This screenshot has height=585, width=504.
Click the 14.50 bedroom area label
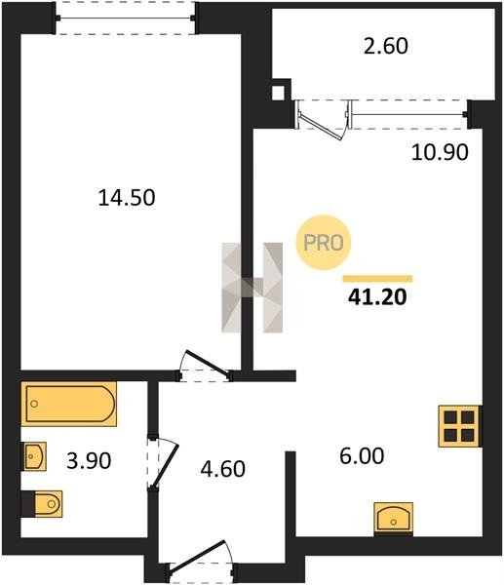click(127, 198)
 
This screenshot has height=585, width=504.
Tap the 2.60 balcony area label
click(386, 47)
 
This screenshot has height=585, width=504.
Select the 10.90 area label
click(440, 152)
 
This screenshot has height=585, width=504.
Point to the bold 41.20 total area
click(377, 297)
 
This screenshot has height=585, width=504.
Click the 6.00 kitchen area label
click(362, 456)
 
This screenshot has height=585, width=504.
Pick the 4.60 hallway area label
click(222, 469)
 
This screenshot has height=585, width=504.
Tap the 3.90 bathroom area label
click(89, 461)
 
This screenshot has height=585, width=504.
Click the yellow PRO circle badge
click(323, 243)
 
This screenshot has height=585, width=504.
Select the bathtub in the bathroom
click(69, 404)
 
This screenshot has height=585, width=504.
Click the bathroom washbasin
click(35, 456)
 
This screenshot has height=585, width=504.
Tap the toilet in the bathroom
click(42, 504)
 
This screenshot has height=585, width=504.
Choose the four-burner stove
click(459, 426)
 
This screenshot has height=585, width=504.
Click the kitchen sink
click(394, 520)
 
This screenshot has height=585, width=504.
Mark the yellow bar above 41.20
click(377, 278)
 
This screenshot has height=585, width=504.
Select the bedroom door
click(205, 366)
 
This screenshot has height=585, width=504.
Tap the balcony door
click(323, 120)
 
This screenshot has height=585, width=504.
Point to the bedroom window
click(125, 18)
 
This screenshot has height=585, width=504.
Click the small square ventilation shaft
click(278, 93)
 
